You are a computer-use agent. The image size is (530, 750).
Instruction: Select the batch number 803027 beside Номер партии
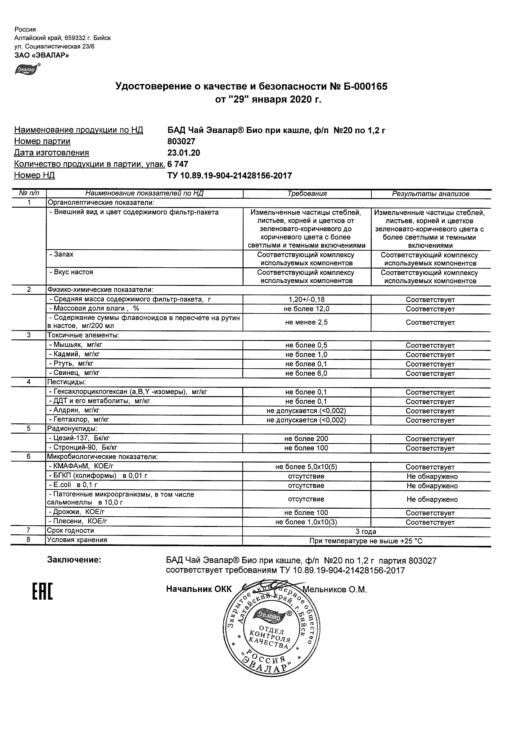pos(181,141)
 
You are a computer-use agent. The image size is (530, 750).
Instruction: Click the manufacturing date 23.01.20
pos(184,153)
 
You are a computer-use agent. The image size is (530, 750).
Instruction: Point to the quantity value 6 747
pos(178,164)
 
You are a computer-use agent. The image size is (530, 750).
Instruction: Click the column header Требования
pos(307,194)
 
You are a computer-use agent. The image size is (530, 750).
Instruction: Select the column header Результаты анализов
pos(430,194)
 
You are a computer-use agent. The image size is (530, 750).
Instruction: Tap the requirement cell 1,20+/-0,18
pos(306,300)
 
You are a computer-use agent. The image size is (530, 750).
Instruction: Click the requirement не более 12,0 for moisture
pos(306,309)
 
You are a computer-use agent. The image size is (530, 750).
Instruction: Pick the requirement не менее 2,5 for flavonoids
pos(306,322)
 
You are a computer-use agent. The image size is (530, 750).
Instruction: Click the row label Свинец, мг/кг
pos(74,373)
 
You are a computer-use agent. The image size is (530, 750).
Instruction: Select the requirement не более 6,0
pos(306,373)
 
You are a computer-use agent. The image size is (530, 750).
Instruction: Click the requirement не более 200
pos(306,439)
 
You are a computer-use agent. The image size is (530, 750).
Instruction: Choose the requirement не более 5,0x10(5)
pos(306,467)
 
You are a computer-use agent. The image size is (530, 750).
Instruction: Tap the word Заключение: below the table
pos(74,560)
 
